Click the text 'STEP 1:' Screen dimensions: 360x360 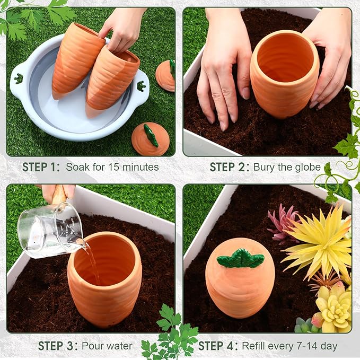tap(41, 167)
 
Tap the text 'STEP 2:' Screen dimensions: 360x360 tap(229, 167)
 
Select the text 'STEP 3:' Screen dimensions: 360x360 tap(57, 346)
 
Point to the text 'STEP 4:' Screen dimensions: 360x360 tap(217, 346)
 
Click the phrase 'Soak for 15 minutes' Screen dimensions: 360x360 tap(112, 167)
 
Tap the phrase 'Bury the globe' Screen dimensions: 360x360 tap(287, 167)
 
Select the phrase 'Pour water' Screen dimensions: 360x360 tap(107, 346)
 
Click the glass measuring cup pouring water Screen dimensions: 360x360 tap(50, 229)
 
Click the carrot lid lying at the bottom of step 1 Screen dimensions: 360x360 tap(150, 139)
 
